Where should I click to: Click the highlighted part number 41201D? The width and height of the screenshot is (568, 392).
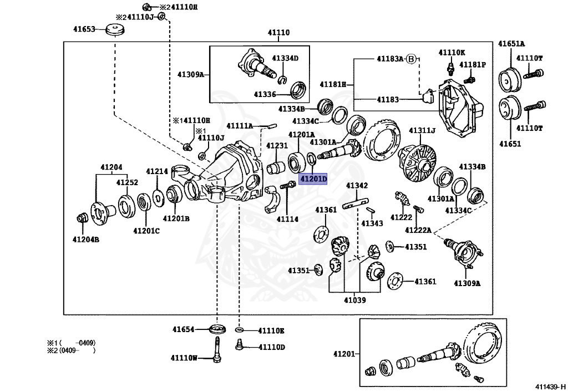click(313, 179)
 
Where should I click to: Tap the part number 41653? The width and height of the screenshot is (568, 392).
click(85, 29)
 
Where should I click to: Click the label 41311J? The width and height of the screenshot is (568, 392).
click(422, 131)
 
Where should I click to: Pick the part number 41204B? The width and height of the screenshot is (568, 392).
click(86, 239)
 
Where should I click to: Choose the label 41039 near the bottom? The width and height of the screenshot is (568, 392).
click(354, 300)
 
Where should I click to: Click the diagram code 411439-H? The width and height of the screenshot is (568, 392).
click(550, 386)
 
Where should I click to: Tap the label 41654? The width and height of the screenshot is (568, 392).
click(183, 329)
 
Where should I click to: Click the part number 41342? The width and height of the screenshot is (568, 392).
click(357, 185)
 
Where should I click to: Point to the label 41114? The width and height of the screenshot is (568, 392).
click(287, 219)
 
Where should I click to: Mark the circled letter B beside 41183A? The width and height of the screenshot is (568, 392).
click(410, 58)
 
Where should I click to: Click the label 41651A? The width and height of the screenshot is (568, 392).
click(511, 43)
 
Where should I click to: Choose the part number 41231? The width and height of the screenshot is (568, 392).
click(276, 145)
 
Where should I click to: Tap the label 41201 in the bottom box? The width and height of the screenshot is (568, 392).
click(344, 354)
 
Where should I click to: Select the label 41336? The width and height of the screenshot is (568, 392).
click(265, 95)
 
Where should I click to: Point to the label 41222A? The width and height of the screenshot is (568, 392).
click(418, 230)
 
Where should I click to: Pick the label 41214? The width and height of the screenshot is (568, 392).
click(157, 171)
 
